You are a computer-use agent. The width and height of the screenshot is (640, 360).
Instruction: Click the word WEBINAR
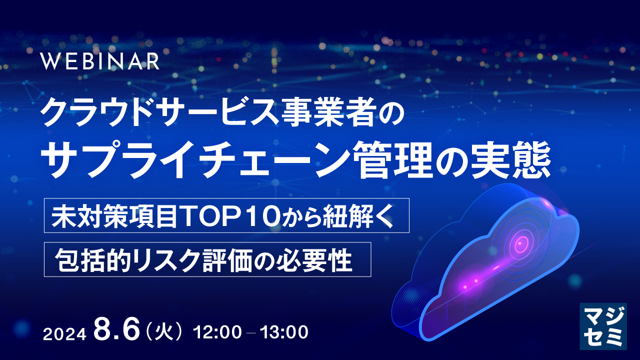(x=100, y=61)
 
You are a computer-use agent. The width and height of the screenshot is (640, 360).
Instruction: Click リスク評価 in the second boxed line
(x=200, y=259)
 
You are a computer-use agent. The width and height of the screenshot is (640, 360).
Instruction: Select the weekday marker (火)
(x=165, y=331)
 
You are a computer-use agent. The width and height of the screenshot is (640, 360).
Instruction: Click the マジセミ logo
(x=603, y=325)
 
